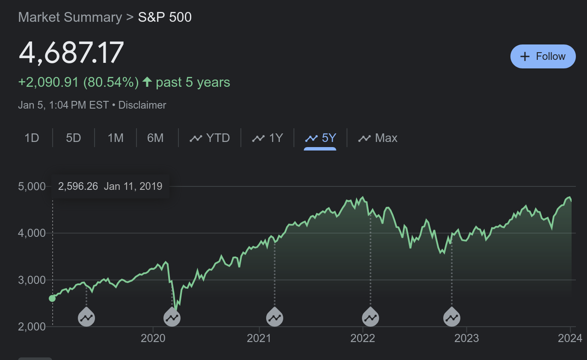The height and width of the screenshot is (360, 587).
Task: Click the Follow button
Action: [x=543, y=56]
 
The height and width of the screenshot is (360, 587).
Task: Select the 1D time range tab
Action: [x=32, y=138]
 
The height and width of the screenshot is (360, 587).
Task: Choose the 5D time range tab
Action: [x=74, y=138]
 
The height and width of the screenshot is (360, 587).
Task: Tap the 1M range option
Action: [x=116, y=138]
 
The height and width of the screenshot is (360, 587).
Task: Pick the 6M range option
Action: [x=155, y=138]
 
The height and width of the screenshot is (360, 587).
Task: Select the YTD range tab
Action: [x=210, y=138]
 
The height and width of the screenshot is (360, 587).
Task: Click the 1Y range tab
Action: [x=268, y=138]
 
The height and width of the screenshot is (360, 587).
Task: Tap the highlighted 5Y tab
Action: [x=320, y=138]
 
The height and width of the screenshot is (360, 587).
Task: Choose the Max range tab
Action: [x=378, y=138]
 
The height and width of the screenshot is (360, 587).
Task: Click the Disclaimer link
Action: [x=142, y=105]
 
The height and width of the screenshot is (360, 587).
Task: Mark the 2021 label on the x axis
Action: [x=259, y=339]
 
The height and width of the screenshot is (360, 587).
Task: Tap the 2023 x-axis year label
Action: [x=466, y=339]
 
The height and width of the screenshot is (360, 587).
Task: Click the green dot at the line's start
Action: [x=52, y=298]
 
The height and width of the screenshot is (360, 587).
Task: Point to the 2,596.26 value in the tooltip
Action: [x=78, y=186]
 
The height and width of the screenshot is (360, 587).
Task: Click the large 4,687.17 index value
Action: [x=71, y=53]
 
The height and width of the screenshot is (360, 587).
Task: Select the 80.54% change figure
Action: [x=110, y=82]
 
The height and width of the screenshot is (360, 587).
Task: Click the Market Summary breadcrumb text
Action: [x=70, y=18]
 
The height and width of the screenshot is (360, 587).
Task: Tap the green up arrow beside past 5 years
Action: [x=147, y=82]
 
